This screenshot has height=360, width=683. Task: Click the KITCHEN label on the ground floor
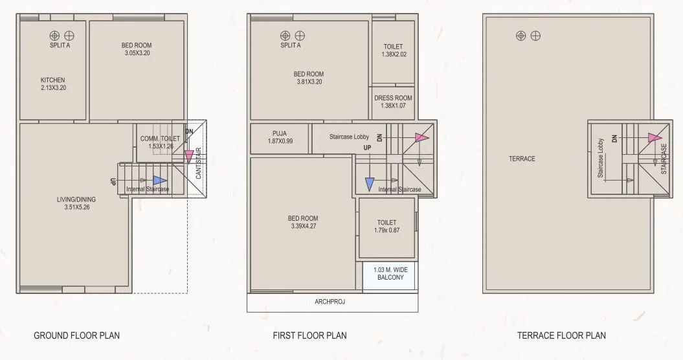click(x=52, y=80)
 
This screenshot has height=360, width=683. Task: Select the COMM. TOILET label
click(x=160, y=139)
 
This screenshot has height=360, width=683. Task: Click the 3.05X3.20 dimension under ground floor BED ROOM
click(x=137, y=53)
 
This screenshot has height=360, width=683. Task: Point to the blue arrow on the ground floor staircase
click(x=159, y=181)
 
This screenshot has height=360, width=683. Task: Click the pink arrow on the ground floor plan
click(x=188, y=156)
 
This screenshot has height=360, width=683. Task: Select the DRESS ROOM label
click(x=393, y=98)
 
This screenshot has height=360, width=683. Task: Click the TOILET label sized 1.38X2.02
click(x=393, y=47)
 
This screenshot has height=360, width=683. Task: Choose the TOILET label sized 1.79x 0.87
click(x=386, y=221)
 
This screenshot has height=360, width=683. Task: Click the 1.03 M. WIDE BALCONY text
click(x=390, y=273)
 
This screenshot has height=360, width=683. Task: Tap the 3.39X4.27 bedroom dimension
click(x=303, y=227)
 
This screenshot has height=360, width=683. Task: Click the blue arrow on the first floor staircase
click(x=369, y=184)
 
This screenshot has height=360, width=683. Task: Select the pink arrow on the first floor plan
click(x=421, y=137)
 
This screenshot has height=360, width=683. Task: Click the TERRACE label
click(x=521, y=159)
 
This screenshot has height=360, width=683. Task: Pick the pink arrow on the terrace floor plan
click(x=655, y=137)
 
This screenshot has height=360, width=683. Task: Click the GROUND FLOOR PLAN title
click(x=76, y=335)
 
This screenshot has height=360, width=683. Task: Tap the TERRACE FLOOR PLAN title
click(x=561, y=335)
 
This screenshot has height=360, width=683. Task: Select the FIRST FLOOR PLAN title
click(x=309, y=335)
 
